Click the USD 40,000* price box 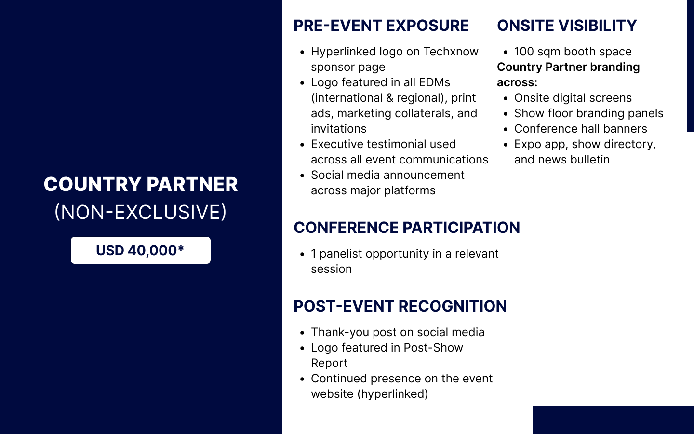pos(141,250)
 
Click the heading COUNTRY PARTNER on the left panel pos(141,184)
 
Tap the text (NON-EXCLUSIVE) pos(141,212)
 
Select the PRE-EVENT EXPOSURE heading pos(381,26)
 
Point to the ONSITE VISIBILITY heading pos(567,26)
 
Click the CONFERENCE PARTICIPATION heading pos(406,228)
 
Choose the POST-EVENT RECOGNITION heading pos(400,306)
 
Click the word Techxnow pos(451,52)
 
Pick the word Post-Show pos(433,348)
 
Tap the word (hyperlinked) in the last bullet pos(392,394)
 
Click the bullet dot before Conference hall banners pos(506,129)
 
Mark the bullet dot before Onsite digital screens pos(506,98)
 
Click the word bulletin pos(590,160)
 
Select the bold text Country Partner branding pos(568,67)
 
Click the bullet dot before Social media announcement pos(302,176)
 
